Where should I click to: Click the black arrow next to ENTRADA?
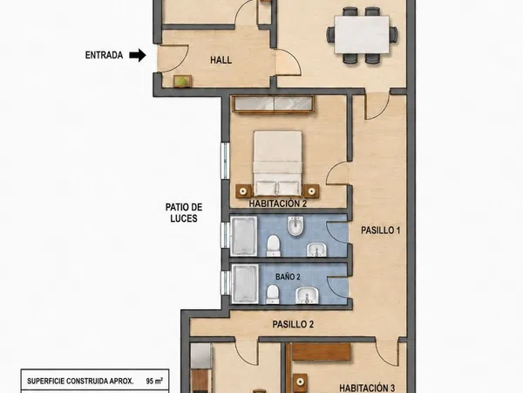[x=138, y=55]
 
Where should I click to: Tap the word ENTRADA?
[x=104, y=55]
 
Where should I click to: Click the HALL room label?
[x=221, y=60]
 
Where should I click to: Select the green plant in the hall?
[x=182, y=81]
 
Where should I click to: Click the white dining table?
[x=362, y=35]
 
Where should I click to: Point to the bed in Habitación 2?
[x=277, y=163]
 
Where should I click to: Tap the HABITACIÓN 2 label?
[x=278, y=203]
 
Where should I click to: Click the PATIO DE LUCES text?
[x=184, y=212]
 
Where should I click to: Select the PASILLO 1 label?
[x=381, y=231]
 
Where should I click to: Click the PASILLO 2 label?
[x=293, y=324]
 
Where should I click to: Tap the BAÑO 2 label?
[x=288, y=277]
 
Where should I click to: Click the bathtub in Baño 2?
[x=245, y=284]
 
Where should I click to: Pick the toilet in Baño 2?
[x=273, y=293]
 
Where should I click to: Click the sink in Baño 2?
[x=307, y=295]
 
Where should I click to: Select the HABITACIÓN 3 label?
[x=367, y=388]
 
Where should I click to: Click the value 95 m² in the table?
[x=154, y=381]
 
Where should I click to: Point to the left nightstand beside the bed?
[x=244, y=191]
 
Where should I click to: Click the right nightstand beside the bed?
[x=311, y=191]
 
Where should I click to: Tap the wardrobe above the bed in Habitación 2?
[x=274, y=105]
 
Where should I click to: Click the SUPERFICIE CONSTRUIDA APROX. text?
[x=80, y=381]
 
